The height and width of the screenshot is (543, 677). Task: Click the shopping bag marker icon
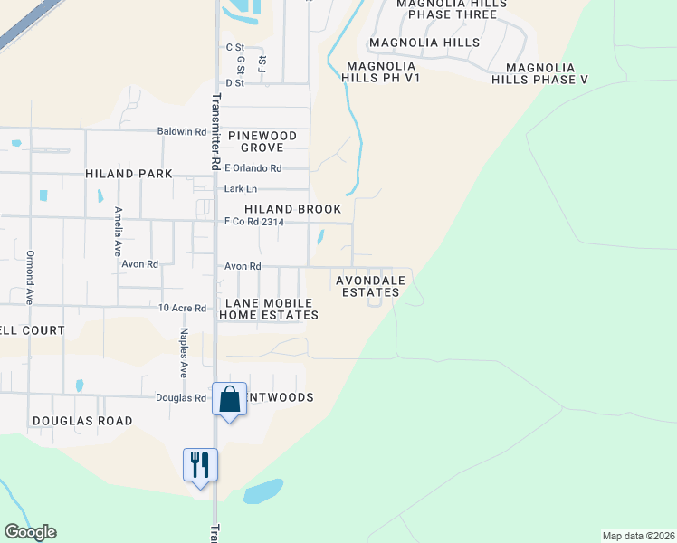click(230, 398)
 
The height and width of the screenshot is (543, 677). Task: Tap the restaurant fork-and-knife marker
click(200, 465)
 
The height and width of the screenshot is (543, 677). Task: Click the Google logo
click(30, 532)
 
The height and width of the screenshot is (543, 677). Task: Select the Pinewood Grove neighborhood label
click(262, 141)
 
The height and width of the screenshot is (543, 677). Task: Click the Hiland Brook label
click(292, 209)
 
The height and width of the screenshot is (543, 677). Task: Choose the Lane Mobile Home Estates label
click(268, 309)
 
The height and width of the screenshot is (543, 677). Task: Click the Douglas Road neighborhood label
click(82, 421)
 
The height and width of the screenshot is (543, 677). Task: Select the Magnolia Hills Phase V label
click(540, 73)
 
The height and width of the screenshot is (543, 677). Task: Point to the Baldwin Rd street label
click(181, 131)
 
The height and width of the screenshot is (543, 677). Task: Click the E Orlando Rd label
click(253, 168)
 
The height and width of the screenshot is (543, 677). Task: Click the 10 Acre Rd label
click(183, 308)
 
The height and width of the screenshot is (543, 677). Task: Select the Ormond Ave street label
click(30, 276)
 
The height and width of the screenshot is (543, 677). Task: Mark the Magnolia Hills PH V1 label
click(379, 72)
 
